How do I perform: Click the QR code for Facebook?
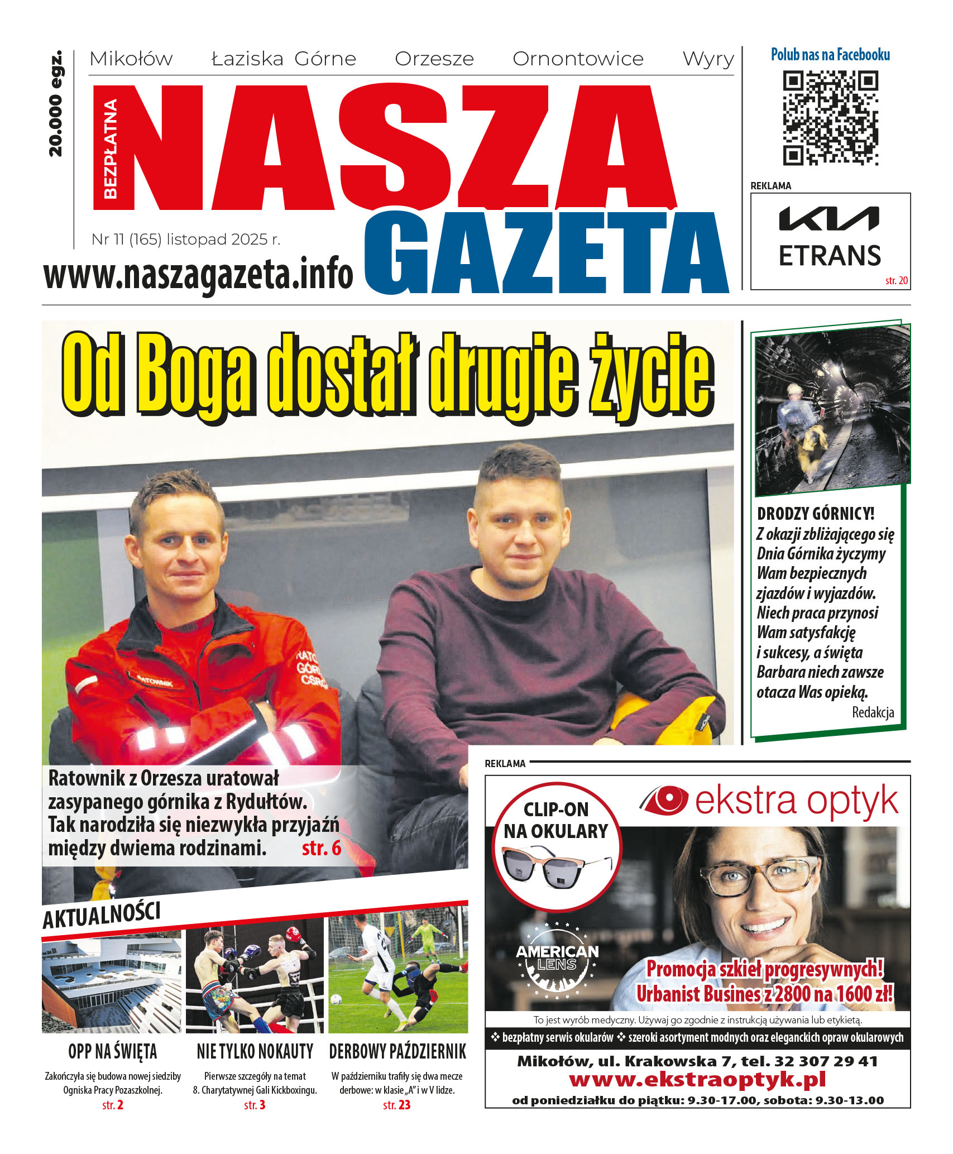coord(830,117)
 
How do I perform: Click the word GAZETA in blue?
coord(547,253)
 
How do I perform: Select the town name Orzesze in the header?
coord(434,59)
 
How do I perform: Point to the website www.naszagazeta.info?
coord(198,274)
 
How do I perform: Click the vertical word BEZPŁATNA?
coord(111,149)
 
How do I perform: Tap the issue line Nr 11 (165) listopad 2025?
coord(186,240)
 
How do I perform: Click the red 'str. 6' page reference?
coord(321,848)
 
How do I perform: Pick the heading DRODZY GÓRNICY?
coord(815,514)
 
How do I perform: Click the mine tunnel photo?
coord(831,410)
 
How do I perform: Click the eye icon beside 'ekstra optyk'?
coord(664,799)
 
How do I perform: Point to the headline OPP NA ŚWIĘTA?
coord(112,1052)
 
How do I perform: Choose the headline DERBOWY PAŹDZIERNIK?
coord(397,1052)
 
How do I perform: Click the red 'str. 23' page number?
coord(396,1105)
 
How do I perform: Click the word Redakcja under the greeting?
coord(873,712)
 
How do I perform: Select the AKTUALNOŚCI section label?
coord(102,916)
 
